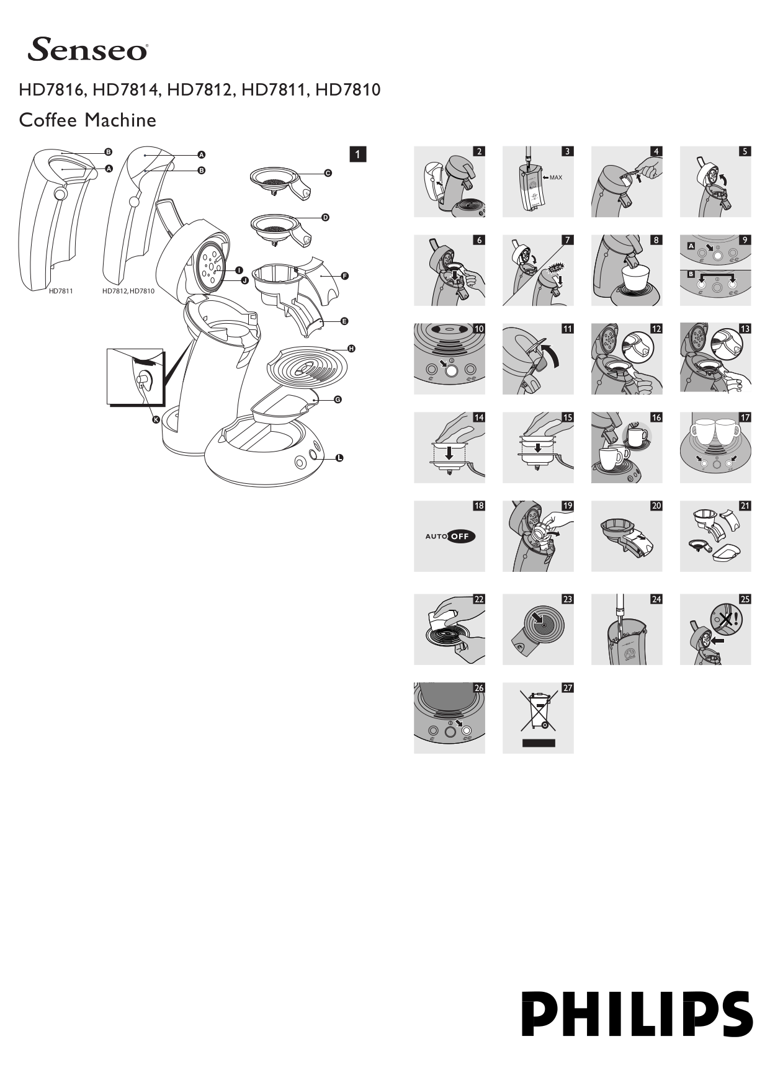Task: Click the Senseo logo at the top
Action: coord(87,50)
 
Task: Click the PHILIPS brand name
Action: coord(637,1014)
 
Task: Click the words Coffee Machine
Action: coord(87,120)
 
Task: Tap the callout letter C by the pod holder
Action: coord(328,173)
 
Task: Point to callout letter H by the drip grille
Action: coord(351,349)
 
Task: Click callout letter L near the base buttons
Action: coord(339,458)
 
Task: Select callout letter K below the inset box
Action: coord(156,420)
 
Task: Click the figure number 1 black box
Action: coord(358,154)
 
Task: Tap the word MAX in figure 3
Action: coord(555,177)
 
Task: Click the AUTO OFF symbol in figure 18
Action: coord(450,536)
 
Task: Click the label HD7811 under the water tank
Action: coord(61,291)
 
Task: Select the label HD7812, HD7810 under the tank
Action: coord(128,291)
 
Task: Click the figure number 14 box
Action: coord(478,417)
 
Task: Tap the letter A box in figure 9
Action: coord(691,246)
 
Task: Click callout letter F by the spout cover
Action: coord(345,276)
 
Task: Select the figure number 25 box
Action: coord(745,599)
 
